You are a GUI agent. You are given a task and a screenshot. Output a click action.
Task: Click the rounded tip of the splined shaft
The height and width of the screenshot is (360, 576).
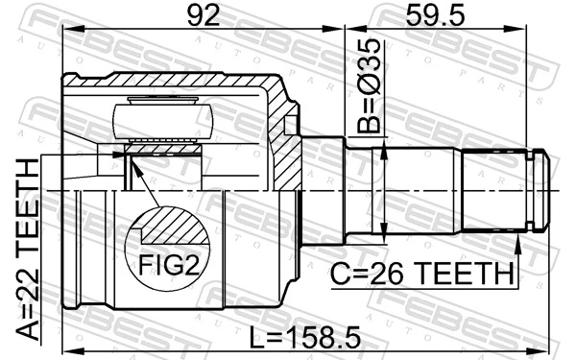click(x=544, y=192)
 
